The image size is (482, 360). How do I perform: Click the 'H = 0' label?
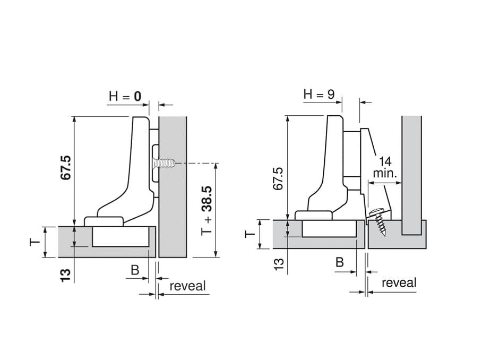(x=125, y=97)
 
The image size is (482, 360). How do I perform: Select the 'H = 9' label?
(x=319, y=94)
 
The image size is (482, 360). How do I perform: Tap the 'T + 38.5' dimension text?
(x=207, y=211)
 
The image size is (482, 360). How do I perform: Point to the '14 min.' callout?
(x=385, y=168)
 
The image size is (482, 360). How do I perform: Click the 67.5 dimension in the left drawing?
(x=66, y=168)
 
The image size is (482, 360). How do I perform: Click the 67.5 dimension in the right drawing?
(x=278, y=178)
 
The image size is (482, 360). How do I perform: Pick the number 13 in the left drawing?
(x=66, y=275)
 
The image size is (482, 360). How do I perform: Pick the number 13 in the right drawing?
(x=278, y=264)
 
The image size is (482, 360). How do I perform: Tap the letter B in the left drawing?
(x=135, y=270)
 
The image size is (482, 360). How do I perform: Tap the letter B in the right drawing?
(x=339, y=262)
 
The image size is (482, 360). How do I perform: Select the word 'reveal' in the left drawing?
(x=187, y=286)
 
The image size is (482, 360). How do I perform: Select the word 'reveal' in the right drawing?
(x=399, y=282)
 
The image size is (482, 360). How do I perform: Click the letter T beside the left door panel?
(x=35, y=242)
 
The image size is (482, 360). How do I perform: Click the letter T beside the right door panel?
(x=250, y=234)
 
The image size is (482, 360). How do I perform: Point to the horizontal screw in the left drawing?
(x=164, y=162)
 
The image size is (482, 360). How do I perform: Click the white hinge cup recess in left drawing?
(x=121, y=236)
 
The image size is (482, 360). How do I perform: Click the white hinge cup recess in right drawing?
(x=329, y=228)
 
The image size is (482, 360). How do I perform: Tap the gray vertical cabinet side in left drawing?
(x=173, y=187)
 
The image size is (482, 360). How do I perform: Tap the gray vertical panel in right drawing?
(x=411, y=175)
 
